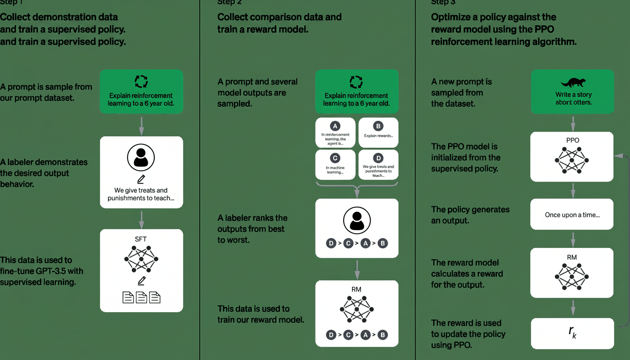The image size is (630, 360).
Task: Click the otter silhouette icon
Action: pyautogui.click(x=572, y=82)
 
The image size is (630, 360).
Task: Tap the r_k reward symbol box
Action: pyautogui.click(x=572, y=333)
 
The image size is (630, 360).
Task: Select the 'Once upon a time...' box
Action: pyautogui.click(x=572, y=215)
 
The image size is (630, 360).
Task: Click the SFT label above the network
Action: pyautogui.click(x=141, y=239)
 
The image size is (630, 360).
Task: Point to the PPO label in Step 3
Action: pyautogui.click(x=572, y=140)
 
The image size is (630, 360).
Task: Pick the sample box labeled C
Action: pyautogui.click(x=335, y=164)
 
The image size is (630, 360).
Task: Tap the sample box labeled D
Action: pyautogui.click(x=379, y=164)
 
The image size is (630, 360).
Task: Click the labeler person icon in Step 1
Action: pyautogui.click(x=141, y=158)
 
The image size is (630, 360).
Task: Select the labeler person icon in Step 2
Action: pyautogui.click(x=357, y=220)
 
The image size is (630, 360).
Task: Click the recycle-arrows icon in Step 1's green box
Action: pyautogui.click(x=141, y=81)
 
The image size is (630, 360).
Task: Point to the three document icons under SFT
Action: pyautogui.click(x=141, y=297)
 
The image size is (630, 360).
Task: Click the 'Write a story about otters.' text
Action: pyautogui.click(x=572, y=98)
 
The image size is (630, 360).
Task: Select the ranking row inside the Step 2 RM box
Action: pyautogui.click(x=357, y=335)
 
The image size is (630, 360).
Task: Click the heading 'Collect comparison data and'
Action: pyautogui.click(x=279, y=17)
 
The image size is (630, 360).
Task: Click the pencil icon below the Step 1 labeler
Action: pyautogui.click(x=141, y=179)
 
